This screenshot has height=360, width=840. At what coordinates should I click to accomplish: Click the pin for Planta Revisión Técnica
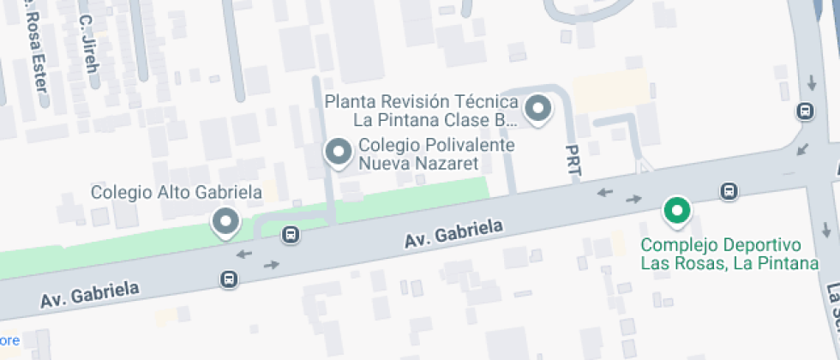(x=538, y=109)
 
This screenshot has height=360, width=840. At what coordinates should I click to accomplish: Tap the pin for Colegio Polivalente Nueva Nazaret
(x=339, y=153)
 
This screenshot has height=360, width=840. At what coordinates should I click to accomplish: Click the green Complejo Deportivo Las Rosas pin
(x=677, y=209)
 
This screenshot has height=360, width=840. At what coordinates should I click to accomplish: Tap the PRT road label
(x=573, y=161)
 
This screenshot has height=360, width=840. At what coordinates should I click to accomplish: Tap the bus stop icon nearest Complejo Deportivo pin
(x=729, y=190)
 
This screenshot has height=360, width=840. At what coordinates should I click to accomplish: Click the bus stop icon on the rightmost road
(x=805, y=111)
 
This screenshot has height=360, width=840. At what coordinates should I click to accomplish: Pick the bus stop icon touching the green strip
(x=291, y=234)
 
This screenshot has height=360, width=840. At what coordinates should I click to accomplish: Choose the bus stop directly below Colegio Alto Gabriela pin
(x=229, y=279)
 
